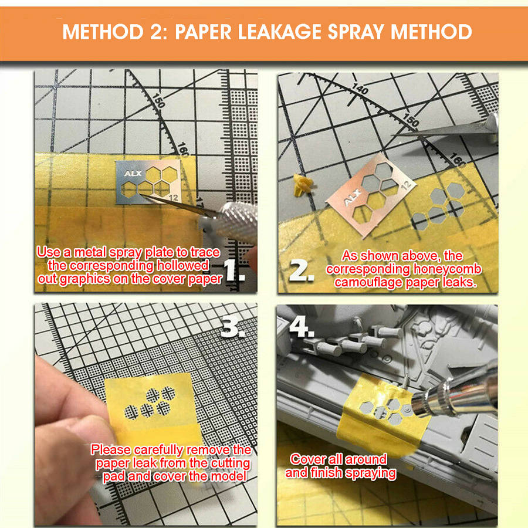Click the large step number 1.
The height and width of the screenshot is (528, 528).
234,270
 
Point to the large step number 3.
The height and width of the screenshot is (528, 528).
233,327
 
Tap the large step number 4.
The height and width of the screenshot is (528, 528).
302,327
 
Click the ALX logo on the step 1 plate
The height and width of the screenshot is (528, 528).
133,174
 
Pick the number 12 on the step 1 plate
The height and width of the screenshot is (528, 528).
174,198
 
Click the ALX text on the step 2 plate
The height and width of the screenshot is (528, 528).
352,198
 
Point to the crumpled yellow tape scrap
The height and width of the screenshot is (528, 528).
303,185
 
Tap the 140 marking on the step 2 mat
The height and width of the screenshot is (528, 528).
360,89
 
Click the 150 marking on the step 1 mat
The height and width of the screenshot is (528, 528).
158,100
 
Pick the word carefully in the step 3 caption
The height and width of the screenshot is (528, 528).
158,450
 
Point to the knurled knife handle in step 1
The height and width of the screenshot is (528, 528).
236,221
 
